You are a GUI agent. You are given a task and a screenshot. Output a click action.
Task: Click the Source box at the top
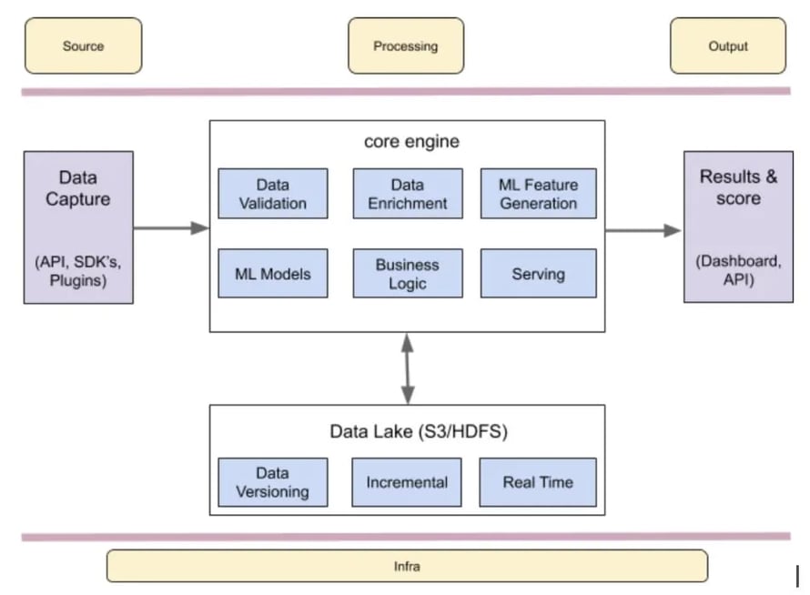click(83, 45)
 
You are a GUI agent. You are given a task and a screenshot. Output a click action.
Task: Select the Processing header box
click(405, 45)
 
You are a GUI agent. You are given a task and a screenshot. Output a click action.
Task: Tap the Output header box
click(727, 45)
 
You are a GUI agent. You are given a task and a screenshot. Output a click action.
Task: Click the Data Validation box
click(273, 194)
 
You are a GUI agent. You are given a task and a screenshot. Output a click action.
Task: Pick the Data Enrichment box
click(407, 194)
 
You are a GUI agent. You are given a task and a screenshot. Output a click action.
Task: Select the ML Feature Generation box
click(538, 194)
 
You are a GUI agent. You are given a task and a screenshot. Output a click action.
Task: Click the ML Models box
click(273, 274)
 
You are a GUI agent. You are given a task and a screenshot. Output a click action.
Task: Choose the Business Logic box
click(407, 274)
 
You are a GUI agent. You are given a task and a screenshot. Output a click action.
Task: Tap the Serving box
click(538, 274)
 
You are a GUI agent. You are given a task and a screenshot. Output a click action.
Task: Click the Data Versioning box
click(273, 482)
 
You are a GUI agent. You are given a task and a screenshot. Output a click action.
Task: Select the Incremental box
click(407, 482)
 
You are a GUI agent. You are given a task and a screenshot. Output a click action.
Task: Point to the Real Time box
click(538, 482)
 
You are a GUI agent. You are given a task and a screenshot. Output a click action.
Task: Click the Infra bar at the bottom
click(407, 566)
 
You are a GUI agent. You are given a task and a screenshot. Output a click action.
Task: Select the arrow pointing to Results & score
click(643, 230)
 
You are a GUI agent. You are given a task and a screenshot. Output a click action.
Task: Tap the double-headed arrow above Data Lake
click(408, 368)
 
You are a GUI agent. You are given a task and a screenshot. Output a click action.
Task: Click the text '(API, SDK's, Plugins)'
click(77, 271)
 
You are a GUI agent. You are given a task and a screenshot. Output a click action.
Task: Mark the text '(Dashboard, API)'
click(738, 270)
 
